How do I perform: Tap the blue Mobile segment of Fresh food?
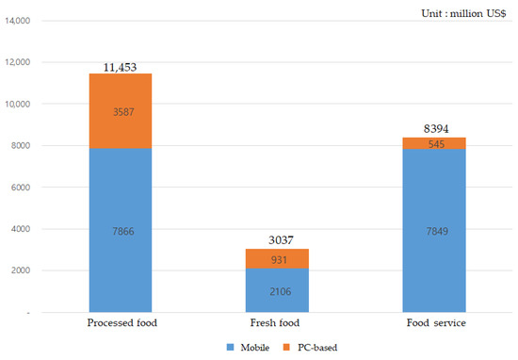276,289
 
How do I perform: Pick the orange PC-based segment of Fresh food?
276,258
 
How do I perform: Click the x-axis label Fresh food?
276,323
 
